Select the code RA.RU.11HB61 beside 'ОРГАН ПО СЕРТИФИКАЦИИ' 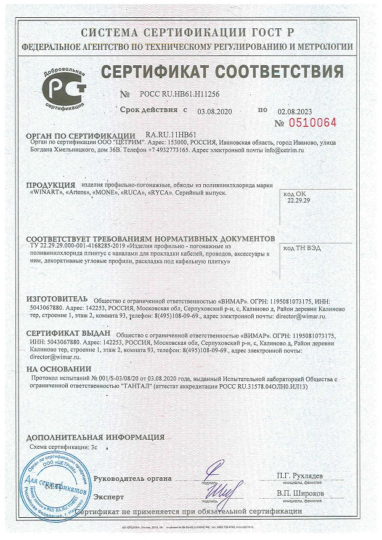tap(171, 134)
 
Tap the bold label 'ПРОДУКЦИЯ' tap(51, 185)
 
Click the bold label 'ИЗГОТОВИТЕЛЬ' tap(57, 298)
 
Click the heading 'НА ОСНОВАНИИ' tap(55, 368)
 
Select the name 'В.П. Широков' tap(301, 494)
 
